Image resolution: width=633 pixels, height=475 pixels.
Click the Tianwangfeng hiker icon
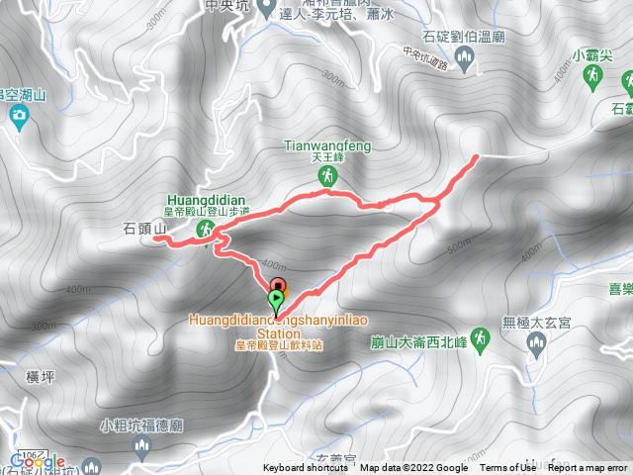click(325, 176)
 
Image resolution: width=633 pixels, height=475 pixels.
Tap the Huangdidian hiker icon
click(206, 231)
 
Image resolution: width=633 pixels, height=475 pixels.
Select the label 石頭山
click(141, 230)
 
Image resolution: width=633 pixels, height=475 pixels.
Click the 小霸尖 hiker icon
click(592, 75)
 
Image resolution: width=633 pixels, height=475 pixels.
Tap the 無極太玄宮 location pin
click(537, 343)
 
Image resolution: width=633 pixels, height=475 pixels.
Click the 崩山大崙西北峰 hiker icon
click(479, 339)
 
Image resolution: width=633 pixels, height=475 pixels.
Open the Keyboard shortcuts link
click(306, 468)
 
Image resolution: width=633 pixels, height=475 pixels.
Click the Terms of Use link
click(506, 468)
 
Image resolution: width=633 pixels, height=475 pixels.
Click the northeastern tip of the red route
click(477, 155)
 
